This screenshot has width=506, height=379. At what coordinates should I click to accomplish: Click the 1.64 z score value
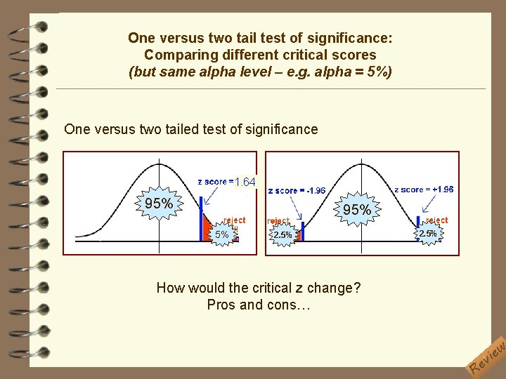245,182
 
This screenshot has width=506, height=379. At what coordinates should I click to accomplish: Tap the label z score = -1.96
297,190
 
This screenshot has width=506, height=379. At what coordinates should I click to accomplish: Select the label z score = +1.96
424,189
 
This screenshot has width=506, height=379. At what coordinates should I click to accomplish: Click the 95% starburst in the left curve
159,204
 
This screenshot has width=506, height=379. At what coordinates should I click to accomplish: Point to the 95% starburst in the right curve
357,210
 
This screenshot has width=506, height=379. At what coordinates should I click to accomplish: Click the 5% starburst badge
222,234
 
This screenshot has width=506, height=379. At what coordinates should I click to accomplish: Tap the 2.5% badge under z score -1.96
283,235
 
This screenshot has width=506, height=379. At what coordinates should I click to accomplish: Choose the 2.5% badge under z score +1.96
428,233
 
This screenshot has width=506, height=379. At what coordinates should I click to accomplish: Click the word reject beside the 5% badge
235,220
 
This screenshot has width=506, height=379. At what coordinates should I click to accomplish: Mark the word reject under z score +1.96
436,220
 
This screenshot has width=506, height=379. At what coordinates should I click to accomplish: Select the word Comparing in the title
173,55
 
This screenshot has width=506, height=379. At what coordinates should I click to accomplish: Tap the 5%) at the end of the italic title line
380,72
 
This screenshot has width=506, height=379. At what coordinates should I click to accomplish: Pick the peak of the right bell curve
359,163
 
